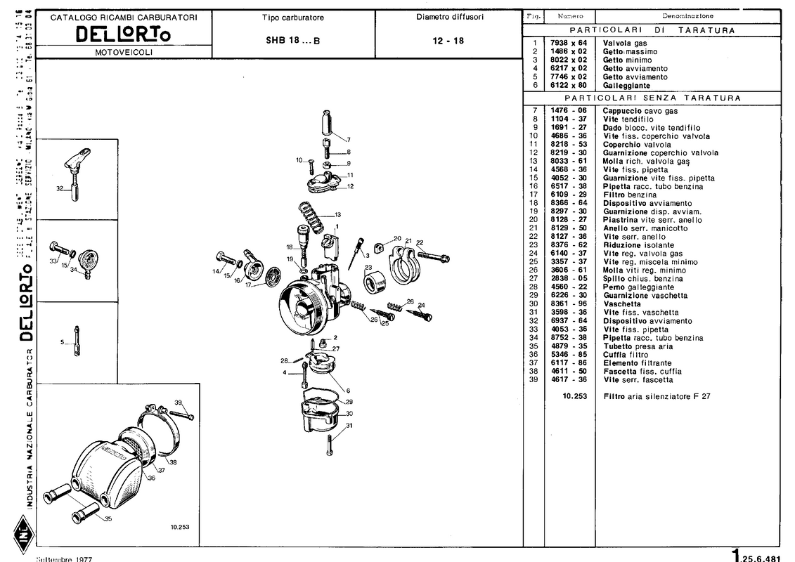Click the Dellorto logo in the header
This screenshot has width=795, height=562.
pos(123,34)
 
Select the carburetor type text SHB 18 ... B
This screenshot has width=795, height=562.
pos(292,41)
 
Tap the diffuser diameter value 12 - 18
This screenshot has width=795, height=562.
pos(448,41)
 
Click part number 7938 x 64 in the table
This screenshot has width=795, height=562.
pos(569,43)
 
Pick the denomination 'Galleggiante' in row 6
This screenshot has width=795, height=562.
pos(626,85)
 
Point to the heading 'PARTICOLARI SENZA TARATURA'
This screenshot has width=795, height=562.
pos(652,98)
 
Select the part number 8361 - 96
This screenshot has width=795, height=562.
pos(569,304)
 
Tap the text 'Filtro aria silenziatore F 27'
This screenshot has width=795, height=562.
pos(657,396)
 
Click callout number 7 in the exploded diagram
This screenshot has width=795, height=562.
pos(347,139)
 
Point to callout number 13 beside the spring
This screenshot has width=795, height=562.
pos(337,214)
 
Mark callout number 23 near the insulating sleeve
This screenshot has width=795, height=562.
pos(368,267)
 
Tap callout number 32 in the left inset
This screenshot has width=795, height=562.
pos(60,188)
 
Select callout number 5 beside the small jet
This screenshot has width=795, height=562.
pos(63,342)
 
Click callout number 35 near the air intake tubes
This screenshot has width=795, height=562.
pos(108,519)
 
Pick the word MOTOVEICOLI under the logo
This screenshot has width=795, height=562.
pos(123,52)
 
